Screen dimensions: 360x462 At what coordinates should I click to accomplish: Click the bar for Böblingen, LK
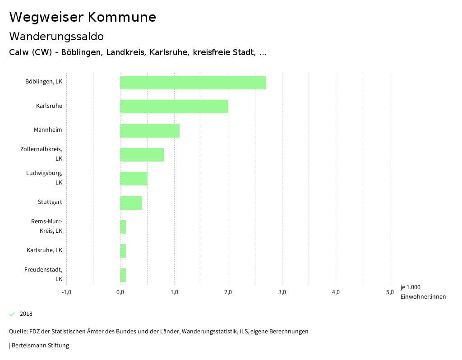point(193,83)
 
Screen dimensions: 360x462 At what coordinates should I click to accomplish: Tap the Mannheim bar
point(150,131)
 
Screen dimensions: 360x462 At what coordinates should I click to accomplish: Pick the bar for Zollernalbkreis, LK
point(142,155)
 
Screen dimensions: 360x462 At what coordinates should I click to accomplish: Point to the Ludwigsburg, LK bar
point(134,179)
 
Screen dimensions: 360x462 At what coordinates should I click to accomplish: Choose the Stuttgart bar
point(131,203)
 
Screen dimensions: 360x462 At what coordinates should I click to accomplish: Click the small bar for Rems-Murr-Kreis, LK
point(123,227)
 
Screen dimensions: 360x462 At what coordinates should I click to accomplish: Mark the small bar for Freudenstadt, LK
point(123,275)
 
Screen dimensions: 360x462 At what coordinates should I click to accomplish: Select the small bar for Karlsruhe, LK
point(123,251)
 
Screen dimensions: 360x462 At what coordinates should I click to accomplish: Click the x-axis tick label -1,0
point(66,292)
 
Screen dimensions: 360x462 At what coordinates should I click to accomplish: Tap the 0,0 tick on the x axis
point(120,292)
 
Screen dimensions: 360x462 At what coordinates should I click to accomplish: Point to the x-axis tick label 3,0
point(282,292)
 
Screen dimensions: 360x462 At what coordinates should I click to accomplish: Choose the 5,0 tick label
point(390,292)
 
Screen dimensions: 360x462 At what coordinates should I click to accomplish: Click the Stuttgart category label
point(50,202)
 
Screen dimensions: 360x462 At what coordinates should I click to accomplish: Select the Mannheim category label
point(48,130)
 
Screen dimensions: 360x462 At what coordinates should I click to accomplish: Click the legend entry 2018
point(26,314)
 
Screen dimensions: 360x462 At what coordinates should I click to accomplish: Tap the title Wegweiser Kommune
point(83,17)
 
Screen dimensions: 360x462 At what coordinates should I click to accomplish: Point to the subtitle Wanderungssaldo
point(56,36)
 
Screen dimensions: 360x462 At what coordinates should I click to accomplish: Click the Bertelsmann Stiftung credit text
point(39,346)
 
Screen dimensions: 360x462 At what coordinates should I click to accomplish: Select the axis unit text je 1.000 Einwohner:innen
point(423,292)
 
